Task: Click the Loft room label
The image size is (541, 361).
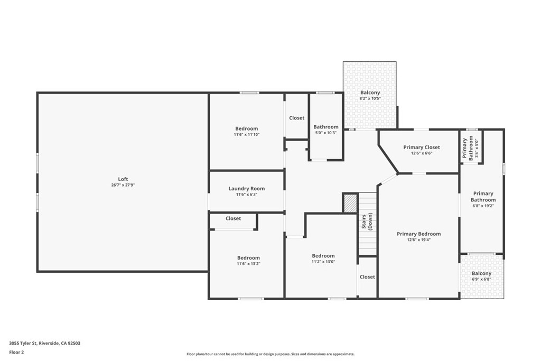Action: click(123, 179)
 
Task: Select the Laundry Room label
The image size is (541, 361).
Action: click(246, 189)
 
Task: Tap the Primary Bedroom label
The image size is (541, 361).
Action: click(418, 234)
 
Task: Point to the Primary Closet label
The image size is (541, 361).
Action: click(421, 147)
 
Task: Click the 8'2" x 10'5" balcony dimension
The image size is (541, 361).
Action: click(370, 98)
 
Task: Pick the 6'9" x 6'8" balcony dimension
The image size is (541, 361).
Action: click(481, 279)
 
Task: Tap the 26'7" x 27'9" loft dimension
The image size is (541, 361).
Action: click(123, 185)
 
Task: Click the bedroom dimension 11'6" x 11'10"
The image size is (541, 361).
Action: click(246, 134)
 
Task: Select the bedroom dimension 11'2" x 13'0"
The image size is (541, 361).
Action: click(323, 261)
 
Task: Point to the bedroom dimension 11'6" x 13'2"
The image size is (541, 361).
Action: click(248, 263)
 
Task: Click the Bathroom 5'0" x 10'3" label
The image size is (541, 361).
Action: click(325, 127)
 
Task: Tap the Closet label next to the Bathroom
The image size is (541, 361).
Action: click(296, 118)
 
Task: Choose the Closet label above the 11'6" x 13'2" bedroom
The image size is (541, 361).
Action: click(233, 218)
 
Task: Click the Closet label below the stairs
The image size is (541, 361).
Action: click(367, 277)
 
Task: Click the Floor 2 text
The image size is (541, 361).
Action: click(16, 351)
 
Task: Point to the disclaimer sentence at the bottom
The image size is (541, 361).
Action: click(270, 354)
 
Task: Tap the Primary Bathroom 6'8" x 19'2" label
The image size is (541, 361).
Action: click(483, 197)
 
